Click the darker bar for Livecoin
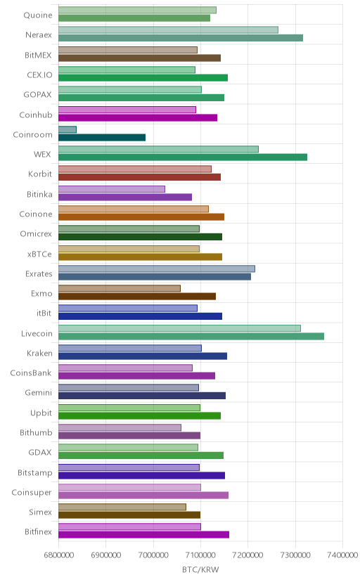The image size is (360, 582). click(191, 336)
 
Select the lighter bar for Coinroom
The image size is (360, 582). click(67, 129)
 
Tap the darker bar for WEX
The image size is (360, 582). click(183, 157)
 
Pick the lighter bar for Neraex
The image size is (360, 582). click(168, 30)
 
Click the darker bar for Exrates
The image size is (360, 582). click(155, 276)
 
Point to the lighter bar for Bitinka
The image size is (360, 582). click(112, 189)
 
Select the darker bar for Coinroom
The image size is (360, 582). click(102, 138)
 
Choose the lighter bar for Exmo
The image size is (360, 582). click(120, 288)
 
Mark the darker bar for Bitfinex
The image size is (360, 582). click(143, 535)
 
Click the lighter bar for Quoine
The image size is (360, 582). click(137, 10)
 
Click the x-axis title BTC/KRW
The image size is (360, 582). click(200, 569)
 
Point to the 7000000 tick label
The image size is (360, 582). click(153, 555)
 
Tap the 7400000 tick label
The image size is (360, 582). click(343, 555)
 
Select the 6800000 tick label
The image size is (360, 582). click(58, 555)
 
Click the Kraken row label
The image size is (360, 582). click(39, 353)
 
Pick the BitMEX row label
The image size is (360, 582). click(38, 55)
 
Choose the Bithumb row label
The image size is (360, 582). click(36, 432)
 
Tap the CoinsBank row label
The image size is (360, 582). click(31, 373)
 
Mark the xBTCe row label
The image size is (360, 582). click(39, 254)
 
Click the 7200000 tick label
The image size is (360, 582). click(248, 555)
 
